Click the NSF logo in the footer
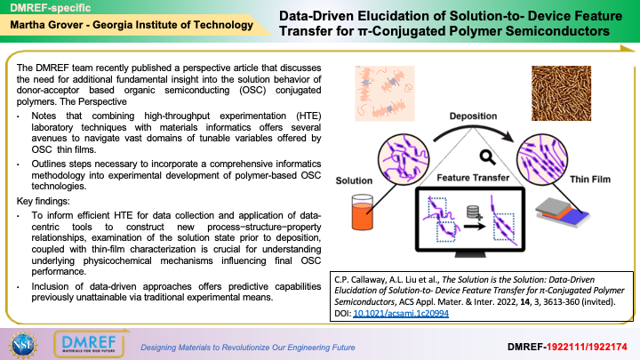click(23, 345)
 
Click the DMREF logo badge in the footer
click(90, 344)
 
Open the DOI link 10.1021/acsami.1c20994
click(401, 313)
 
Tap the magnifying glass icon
click(487, 156)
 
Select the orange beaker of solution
click(363, 212)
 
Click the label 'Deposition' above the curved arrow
click(473, 116)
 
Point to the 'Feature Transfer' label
click(473, 178)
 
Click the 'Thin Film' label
click(590, 180)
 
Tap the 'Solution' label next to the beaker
click(354, 180)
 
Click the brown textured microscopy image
click(561, 93)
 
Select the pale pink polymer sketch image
click(385, 93)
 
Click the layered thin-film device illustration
click(563, 212)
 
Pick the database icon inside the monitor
click(474, 212)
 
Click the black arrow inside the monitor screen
click(475, 226)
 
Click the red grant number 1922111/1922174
click(587, 347)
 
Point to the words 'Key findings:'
click(44, 201)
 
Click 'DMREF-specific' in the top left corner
click(50, 8)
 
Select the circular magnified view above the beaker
click(404, 159)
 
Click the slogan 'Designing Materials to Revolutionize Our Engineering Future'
click(248, 348)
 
